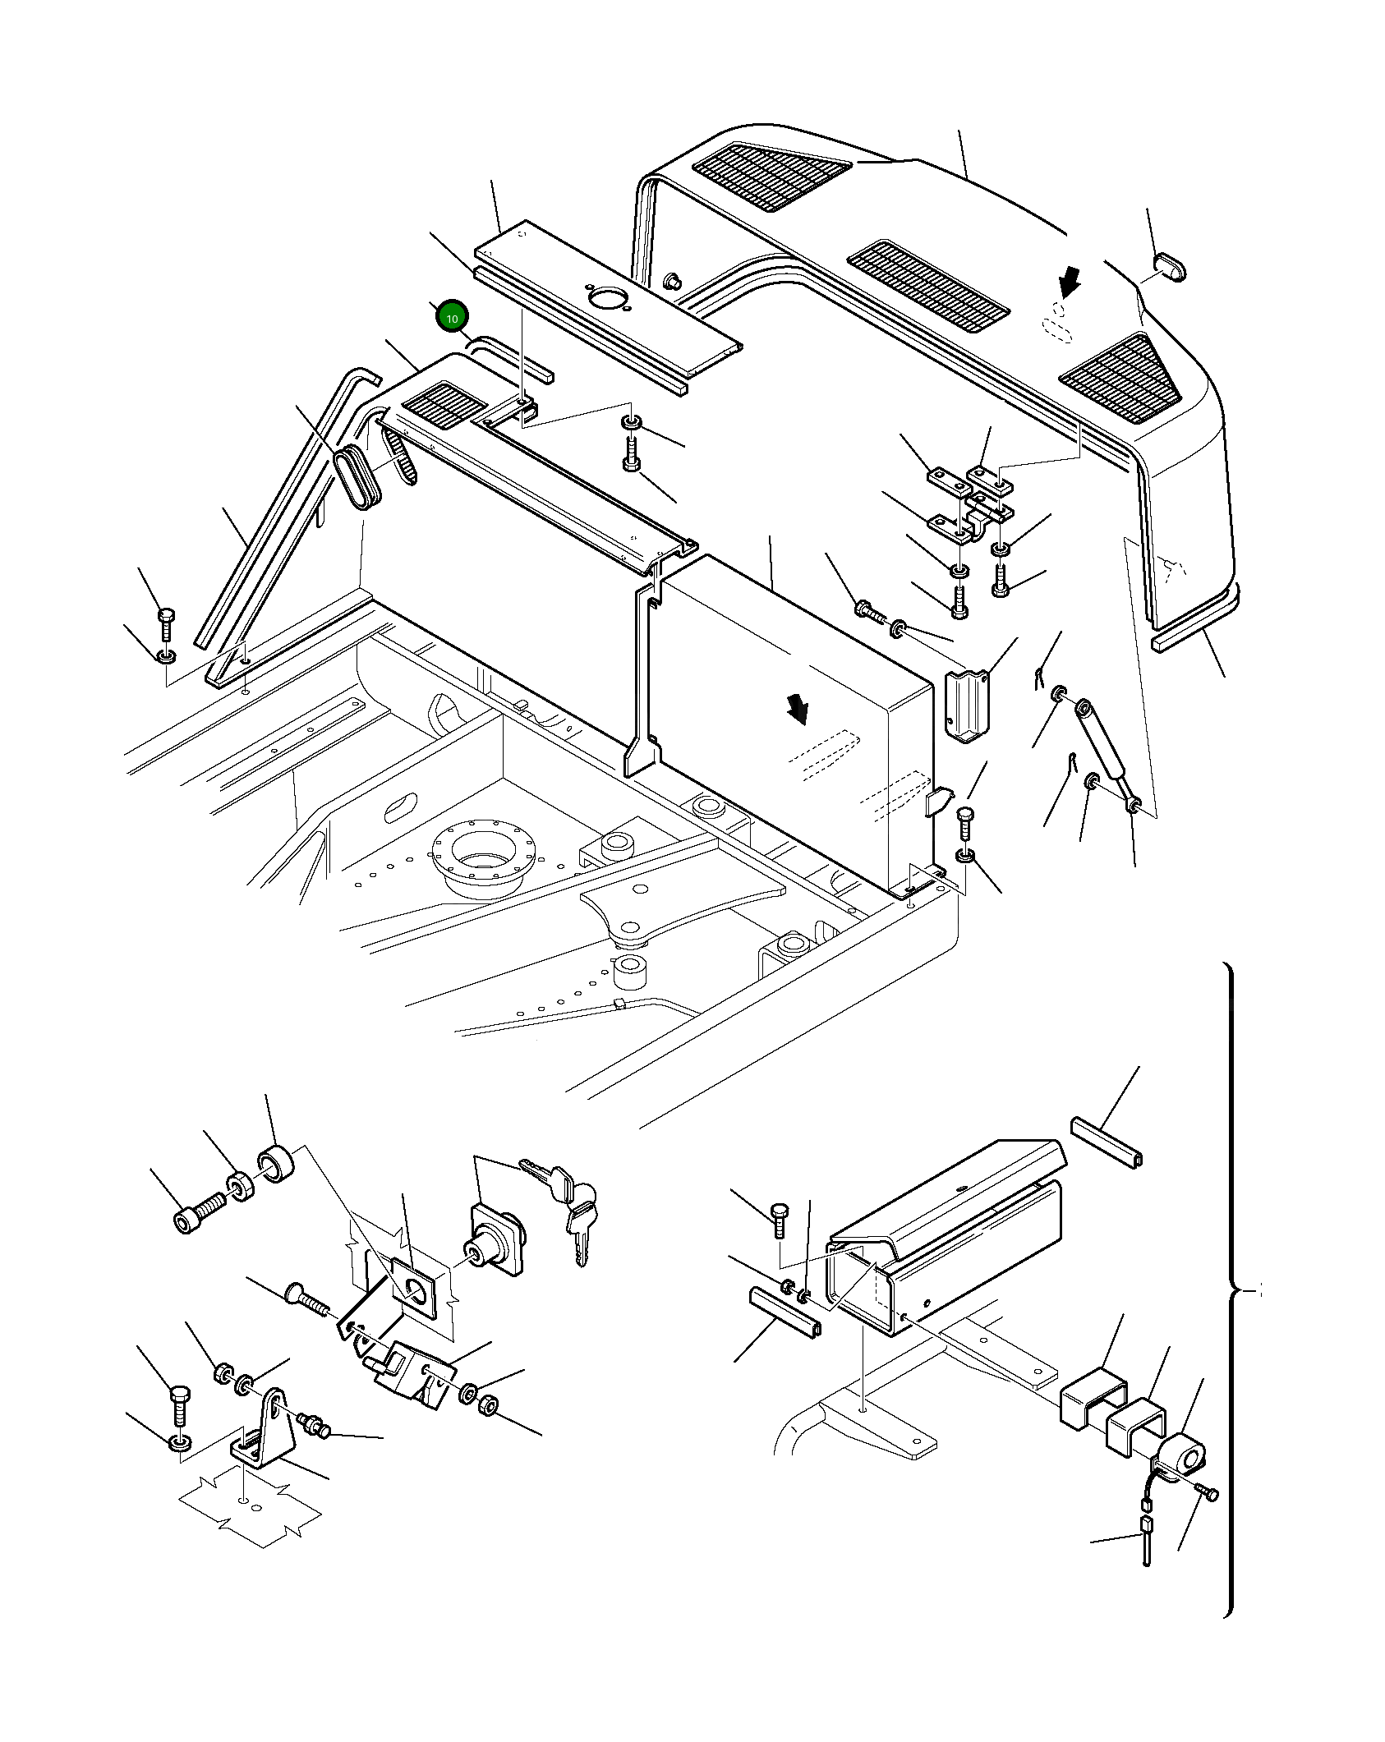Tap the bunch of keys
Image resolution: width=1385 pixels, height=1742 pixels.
coord(567,1206)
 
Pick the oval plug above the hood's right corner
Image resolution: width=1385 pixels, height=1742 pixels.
coord(1170,267)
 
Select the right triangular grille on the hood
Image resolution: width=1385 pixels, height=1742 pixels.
coord(1122,378)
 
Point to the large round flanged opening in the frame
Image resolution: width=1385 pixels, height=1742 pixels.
coord(484,856)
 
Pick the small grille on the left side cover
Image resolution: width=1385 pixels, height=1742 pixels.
coord(444,405)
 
